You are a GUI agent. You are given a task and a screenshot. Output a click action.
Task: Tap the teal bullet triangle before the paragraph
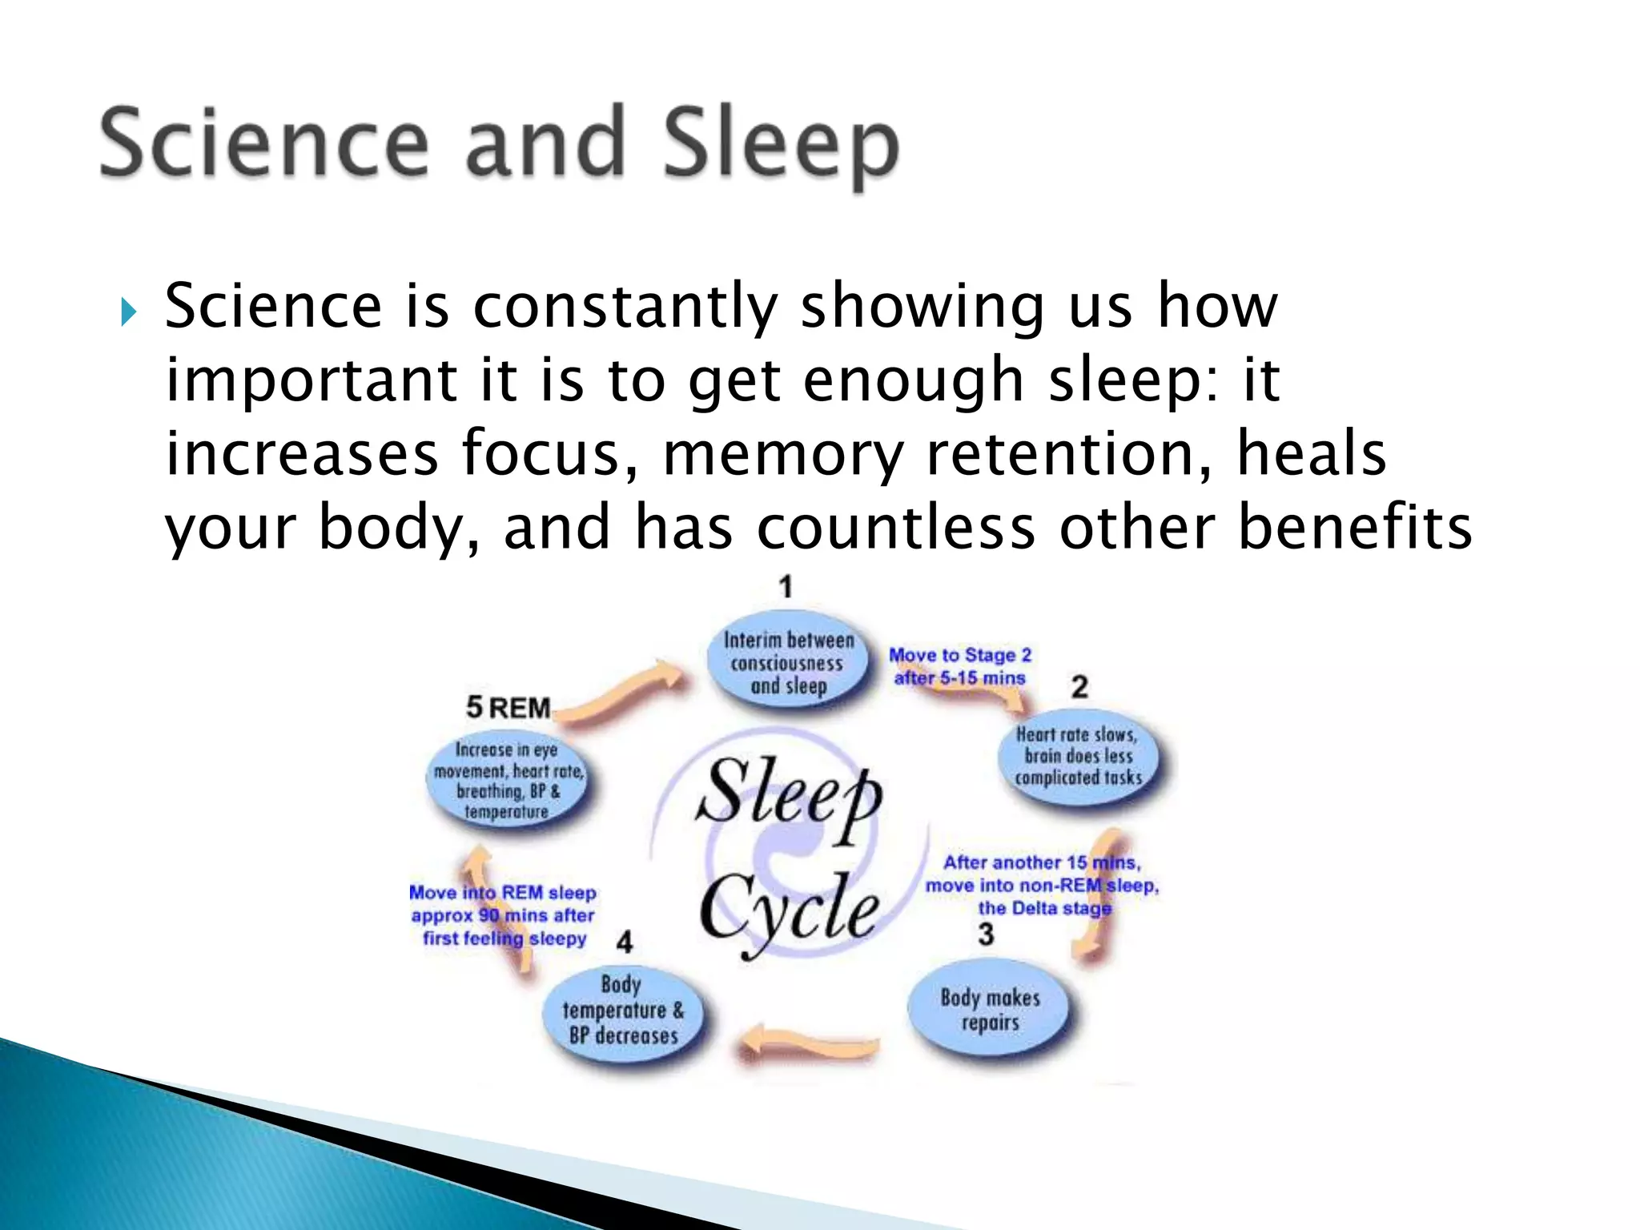pyautogui.click(x=129, y=312)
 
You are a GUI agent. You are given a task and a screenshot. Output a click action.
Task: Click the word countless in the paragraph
pyautogui.click(x=896, y=528)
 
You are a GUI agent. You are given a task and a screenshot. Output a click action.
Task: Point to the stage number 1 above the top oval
pyautogui.click(x=786, y=587)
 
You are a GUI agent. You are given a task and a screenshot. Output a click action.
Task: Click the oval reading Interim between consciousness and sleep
pyautogui.click(x=789, y=663)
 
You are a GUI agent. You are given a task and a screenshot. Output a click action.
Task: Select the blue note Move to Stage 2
pyautogui.click(x=960, y=666)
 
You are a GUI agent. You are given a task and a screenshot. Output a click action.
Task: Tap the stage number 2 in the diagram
pyautogui.click(x=1079, y=687)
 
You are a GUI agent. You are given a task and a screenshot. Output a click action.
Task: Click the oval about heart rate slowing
pyautogui.click(x=1078, y=756)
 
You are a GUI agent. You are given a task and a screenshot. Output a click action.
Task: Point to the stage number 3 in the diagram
pyautogui.click(x=986, y=935)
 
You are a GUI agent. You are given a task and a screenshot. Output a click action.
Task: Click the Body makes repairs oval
pyautogui.click(x=990, y=1010)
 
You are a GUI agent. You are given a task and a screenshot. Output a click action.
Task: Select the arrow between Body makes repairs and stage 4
pyautogui.click(x=809, y=1043)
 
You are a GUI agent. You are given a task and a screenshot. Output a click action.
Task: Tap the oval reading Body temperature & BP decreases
pyautogui.click(x=623, y=1011)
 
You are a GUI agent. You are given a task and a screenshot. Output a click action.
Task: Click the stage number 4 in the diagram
pyautogui.click(x=625, y=942)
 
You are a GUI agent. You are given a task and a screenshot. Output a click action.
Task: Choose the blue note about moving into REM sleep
pyautogui.click(x=503, y=915)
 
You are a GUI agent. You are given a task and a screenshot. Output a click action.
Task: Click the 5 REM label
pyautogui.click(x=508, y=708)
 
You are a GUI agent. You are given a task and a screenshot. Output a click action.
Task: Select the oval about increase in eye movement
pyautogui.click(x=508, y=781)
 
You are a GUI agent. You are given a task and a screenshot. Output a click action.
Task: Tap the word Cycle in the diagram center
pyautogui.click(x=789, y=910)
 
